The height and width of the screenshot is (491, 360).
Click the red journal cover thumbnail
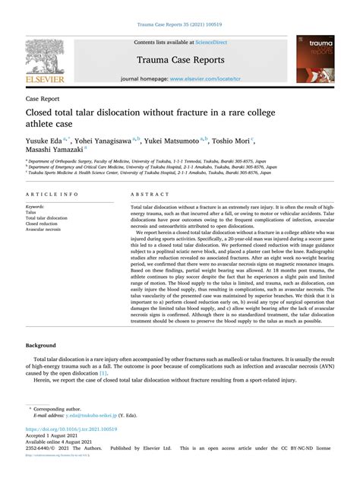click(x=314, y=61)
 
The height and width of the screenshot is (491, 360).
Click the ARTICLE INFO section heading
click(x=51, y=195)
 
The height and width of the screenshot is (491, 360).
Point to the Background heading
click(x=41, y=345)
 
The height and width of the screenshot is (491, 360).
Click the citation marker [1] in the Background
click(x=103, y=373)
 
